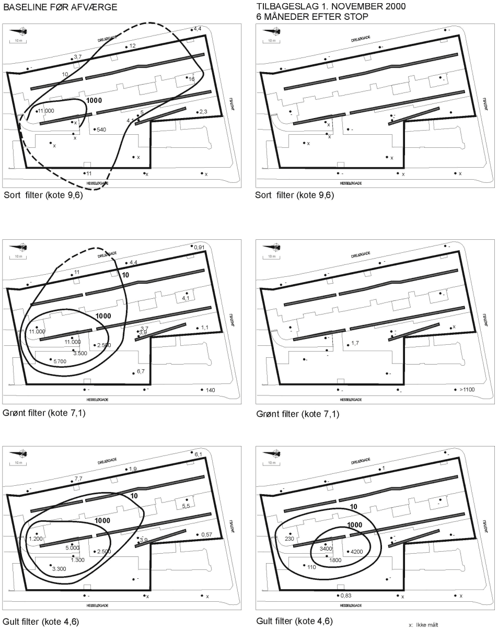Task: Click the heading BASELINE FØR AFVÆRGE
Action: [60, 7]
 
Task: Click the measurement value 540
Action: [101, 130]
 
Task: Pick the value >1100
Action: [467, 390]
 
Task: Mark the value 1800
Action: [335, 560]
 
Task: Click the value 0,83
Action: [345, 596]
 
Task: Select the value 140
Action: [210, 390]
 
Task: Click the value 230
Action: [290, 539]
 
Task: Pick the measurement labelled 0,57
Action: [206, 534]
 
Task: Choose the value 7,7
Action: [78, 479]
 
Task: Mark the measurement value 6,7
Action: [141, 371]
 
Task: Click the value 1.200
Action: [37, 539]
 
